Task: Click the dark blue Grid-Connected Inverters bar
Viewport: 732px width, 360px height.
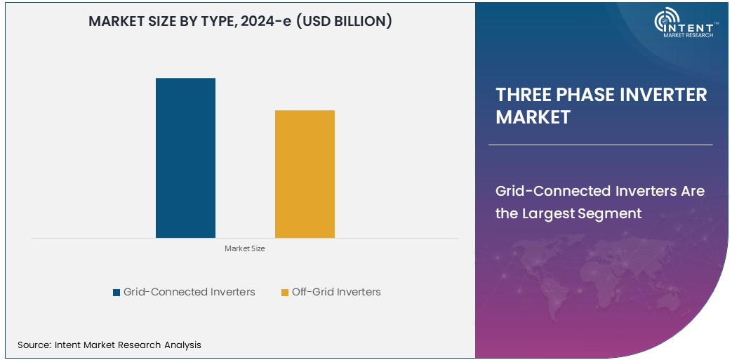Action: [x=185, y=158]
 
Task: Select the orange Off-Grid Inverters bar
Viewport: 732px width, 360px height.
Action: [x=305, y=174]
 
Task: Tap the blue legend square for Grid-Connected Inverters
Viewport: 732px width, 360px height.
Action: [x=117, y=292]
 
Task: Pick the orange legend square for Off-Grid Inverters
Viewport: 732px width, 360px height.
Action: [x=285, y=292]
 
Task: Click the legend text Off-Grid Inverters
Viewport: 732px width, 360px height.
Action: [x=336, y=292]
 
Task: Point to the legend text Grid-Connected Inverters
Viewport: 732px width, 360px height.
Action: [x=189, y=292]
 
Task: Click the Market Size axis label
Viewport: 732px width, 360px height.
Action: [x=245, y=248]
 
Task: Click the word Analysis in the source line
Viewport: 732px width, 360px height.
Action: [x=182, y=345]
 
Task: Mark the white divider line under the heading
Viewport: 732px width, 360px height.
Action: [x=600, y=145]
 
